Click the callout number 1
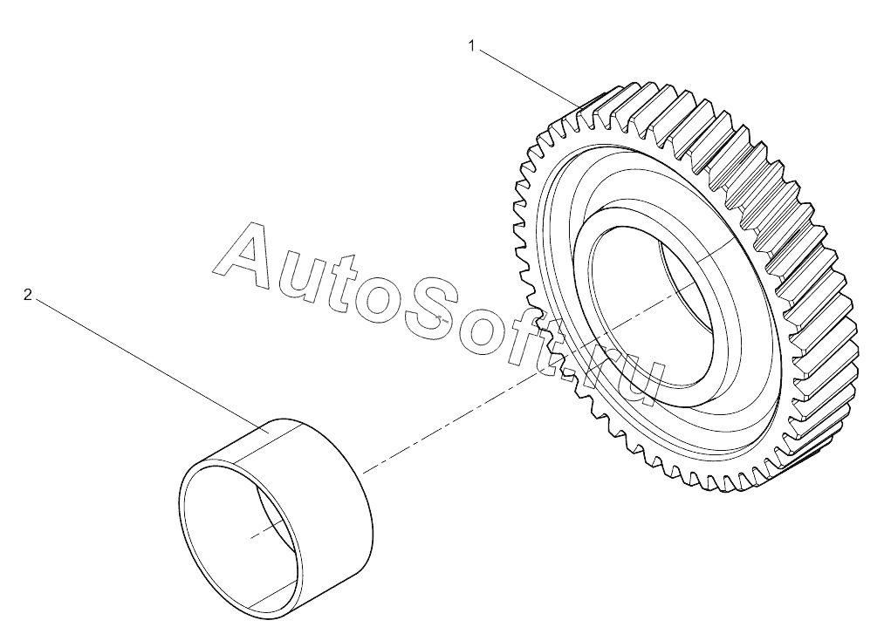tap(472, 45)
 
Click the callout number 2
tap(27, 295)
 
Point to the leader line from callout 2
tap(152, 365)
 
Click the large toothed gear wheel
tap(685, 289)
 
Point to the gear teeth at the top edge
tap(648, 107)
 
